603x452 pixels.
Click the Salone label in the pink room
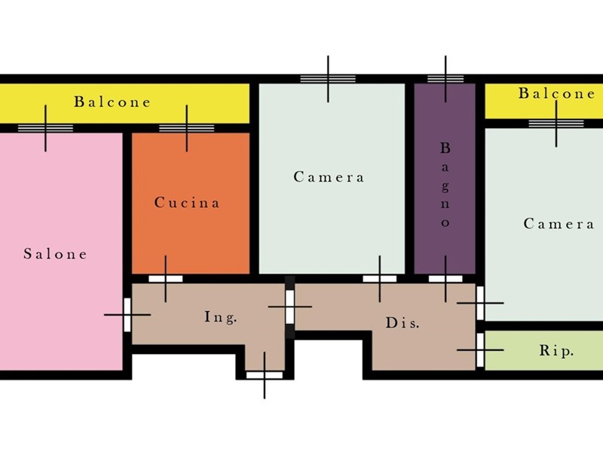55,254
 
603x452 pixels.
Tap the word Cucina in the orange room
187,203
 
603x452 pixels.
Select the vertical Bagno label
445,185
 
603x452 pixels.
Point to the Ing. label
221,317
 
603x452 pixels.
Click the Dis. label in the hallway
403,323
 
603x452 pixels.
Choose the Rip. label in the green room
557,351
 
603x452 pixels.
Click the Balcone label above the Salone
112,102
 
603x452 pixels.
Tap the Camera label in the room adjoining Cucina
329,177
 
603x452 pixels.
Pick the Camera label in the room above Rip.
559,224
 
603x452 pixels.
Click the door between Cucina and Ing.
165,278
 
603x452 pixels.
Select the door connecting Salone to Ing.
127,314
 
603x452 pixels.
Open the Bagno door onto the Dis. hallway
445,278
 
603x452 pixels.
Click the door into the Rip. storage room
480,350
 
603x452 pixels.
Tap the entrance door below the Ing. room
265,374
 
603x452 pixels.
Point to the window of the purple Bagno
445,78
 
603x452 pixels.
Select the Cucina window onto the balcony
186,128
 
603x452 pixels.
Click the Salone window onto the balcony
45,128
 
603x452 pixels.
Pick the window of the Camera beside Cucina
328,78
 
